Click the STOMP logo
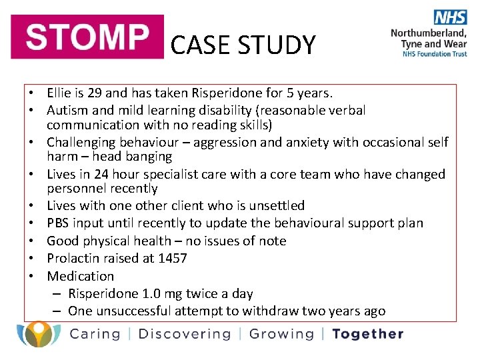[87, 37]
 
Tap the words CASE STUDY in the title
[243, 45]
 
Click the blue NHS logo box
[451, 18]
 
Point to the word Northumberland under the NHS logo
[429, 33]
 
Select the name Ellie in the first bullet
[59, 93]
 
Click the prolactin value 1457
[173, 258]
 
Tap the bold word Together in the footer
[367, 334]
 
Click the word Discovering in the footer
[184, 334]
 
